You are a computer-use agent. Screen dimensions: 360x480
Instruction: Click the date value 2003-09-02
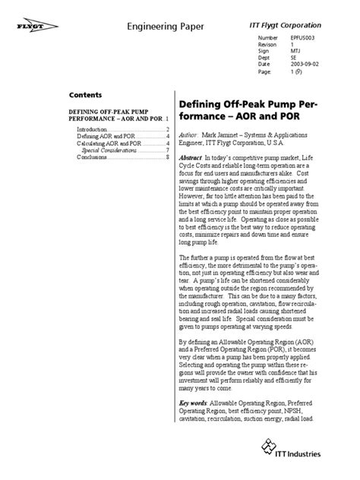pyautogui.click(x=304, y=65)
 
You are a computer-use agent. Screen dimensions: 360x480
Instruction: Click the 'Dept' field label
pyautogui.click(x=264, y=58)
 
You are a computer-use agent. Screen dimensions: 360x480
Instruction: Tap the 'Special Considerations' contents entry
pyautogui.click(x=109, y=150)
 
